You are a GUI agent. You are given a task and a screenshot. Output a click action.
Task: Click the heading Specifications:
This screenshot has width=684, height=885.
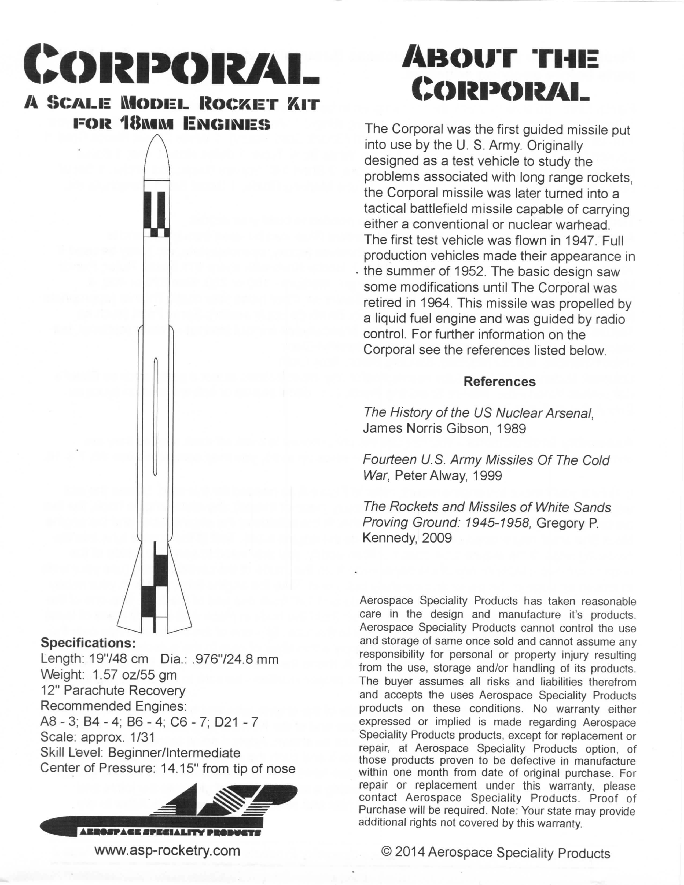coord(88,643)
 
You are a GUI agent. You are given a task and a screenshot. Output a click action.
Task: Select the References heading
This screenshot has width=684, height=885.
coord(499,381)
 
